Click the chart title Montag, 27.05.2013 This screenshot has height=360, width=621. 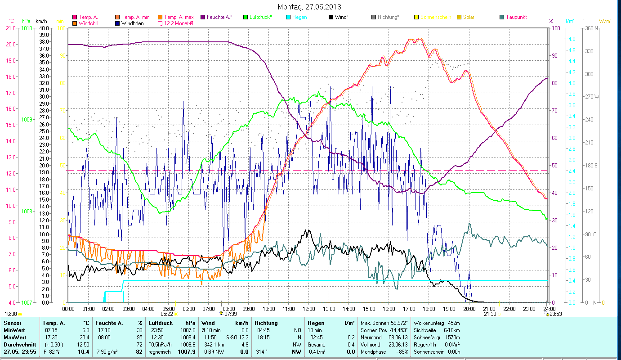coord(309,7)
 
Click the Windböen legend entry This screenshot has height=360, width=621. coord(132,23)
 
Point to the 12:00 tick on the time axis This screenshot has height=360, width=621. coord(309,309)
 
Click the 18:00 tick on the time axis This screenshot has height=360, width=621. coord(429,309)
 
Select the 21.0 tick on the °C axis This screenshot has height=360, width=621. coord(10,28)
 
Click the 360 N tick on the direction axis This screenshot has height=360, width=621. coord(592,28)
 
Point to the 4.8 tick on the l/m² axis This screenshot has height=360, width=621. coord(572,39)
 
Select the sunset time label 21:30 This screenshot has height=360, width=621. coord(490,314)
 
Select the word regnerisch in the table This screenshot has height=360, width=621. coord(160,351)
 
